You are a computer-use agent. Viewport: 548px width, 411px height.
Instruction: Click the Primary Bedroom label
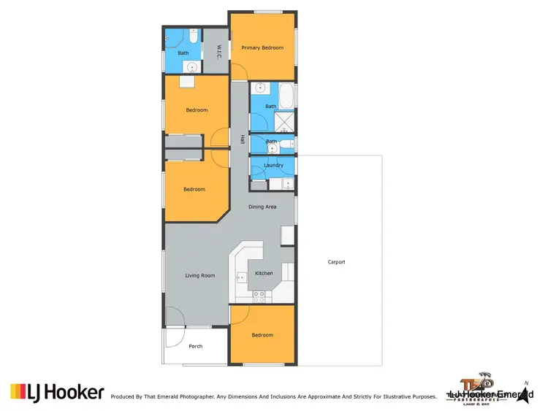click(262, 47)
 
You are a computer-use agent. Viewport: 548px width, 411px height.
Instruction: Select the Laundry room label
click(273, 166)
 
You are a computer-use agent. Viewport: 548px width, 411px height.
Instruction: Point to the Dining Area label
click(262, 207)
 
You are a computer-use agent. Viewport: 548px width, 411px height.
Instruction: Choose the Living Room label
click(200, 275)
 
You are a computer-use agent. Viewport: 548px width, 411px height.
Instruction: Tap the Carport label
click(336, 262)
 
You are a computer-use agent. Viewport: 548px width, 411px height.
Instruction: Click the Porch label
click(196, 346)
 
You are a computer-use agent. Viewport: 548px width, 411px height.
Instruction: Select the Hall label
click(242, 138)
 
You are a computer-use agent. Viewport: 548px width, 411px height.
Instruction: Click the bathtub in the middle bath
click(287, 96)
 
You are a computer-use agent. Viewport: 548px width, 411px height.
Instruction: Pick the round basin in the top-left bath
click(192, 66)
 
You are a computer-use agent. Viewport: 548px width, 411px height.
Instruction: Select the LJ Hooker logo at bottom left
click(56, 393)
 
